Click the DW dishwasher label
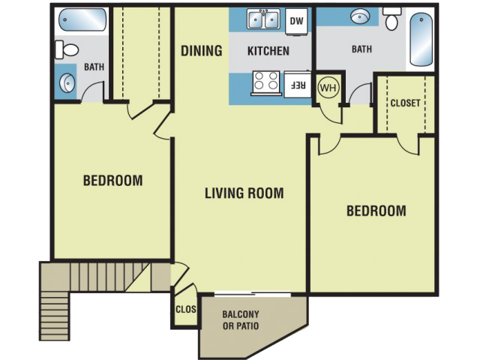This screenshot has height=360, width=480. tap(296, 21)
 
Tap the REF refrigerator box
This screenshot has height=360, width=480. tap(296, 84)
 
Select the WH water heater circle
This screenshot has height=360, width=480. tap(328, 87)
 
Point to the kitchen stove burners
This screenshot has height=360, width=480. tap(266, 81)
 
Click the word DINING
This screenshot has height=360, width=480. tap(202, 51)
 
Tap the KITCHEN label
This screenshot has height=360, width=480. tap(268, 52)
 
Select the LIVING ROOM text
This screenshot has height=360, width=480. tap(244, 193)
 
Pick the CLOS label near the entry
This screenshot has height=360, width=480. tap(185, 309)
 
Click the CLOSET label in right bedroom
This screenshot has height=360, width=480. tap(405, 103)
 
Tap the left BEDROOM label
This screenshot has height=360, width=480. tap(112, 181)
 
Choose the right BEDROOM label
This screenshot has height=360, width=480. tap(376, 211)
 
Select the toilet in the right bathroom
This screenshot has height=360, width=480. tap(391, 19)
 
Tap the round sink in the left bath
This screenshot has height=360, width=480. tap(65, 82)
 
